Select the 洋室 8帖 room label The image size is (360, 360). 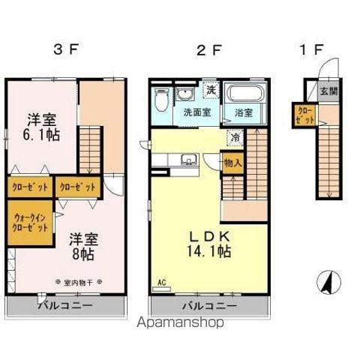(82, 247)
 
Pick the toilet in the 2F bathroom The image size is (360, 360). (161, 99)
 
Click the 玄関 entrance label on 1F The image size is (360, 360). (328, 92)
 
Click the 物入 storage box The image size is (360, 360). (232, 163)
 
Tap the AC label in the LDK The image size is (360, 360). (160, 283)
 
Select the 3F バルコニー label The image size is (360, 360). (66, 306)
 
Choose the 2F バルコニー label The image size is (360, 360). (209, 306)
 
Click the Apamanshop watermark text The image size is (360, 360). (180, 324)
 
